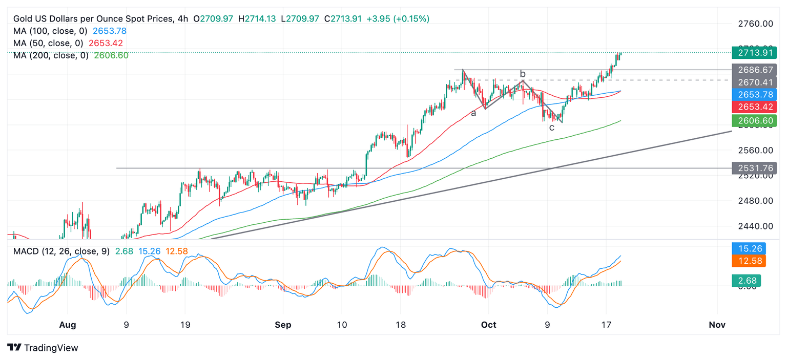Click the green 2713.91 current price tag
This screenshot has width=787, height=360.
coord(755,53)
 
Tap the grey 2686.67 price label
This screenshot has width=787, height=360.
coord(755,70)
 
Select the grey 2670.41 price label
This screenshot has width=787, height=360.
coord(755,82)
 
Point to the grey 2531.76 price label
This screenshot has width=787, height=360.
coord(755,168)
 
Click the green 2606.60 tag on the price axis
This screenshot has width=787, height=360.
coord(755,121)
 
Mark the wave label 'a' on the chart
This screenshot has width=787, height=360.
coord(473,113)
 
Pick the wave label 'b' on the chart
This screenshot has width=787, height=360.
coord(523,74)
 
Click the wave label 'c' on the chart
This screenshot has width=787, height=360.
coord(552,128)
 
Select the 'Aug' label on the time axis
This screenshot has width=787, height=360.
coord(67,325)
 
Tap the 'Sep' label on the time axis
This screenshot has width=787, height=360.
coord(283,325)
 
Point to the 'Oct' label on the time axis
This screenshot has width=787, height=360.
coord(489,325)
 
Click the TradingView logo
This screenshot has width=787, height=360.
coord(44,348)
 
